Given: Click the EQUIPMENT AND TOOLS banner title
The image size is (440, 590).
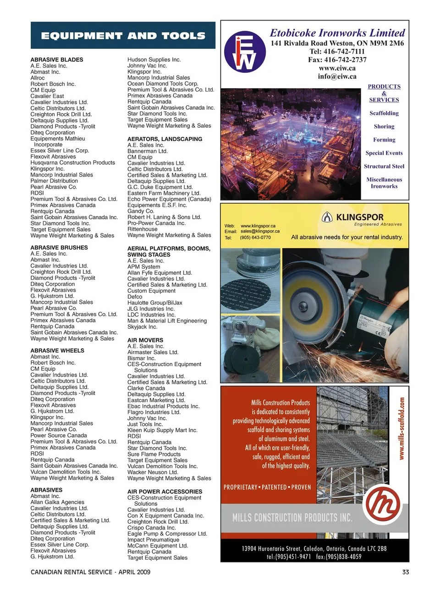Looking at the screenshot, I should [x=123, y=36].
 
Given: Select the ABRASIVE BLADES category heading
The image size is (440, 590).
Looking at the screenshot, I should [x=57, y=60].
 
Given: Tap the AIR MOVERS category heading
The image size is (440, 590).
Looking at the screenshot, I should [x=145, y=340].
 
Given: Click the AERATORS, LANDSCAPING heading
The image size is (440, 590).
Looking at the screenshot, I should [x=165, y=139].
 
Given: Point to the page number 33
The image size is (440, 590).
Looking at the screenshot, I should [x=405, y=572].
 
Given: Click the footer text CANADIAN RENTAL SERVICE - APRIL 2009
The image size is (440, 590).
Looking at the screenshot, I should [x=90, y=572].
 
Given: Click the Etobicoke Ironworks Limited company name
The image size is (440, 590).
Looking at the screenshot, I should [x=337, y=33].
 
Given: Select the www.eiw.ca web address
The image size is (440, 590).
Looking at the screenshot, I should [x=337, y=68].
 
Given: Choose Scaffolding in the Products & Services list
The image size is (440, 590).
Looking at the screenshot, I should [x=384, y=113].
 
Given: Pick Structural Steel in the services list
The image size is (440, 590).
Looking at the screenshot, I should [x=384, y=166].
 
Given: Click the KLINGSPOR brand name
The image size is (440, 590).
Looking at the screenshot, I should [x=359, y=217].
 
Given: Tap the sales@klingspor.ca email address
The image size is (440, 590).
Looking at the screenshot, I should [x=260, y=231].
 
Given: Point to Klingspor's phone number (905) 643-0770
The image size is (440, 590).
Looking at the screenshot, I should [x=255, y=238].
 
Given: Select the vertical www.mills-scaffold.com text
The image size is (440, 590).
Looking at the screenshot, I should [x=401, y=428].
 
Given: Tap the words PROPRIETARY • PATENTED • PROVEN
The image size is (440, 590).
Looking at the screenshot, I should [x=267, y=487].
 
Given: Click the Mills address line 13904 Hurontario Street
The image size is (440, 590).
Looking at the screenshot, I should [x=314, y=548].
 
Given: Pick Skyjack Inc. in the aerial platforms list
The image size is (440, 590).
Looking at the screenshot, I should [x=142, y=327].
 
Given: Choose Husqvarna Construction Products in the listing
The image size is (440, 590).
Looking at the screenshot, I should [x=73, y=162].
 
